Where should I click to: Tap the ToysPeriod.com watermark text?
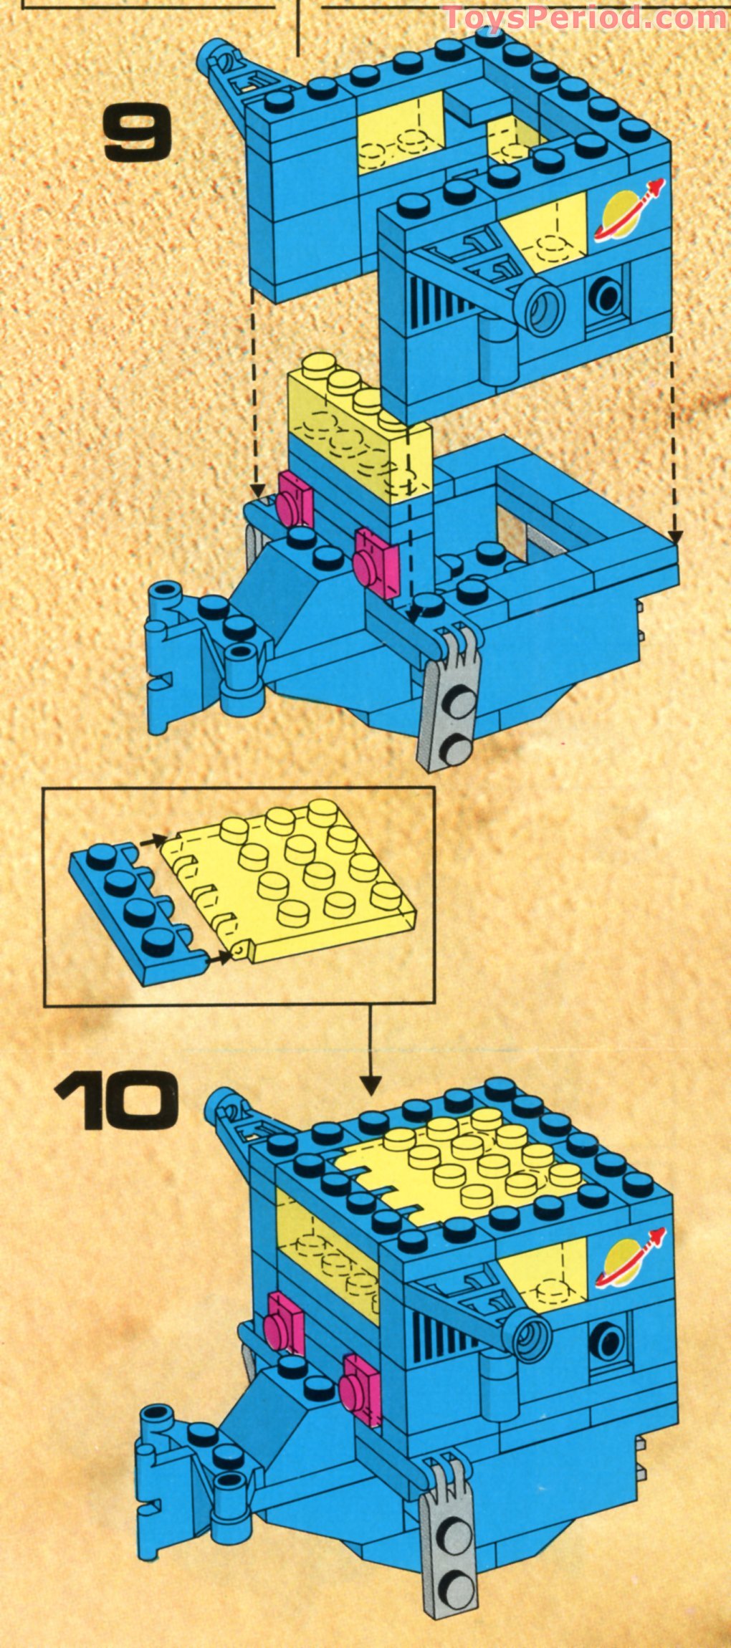coord(585,16)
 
